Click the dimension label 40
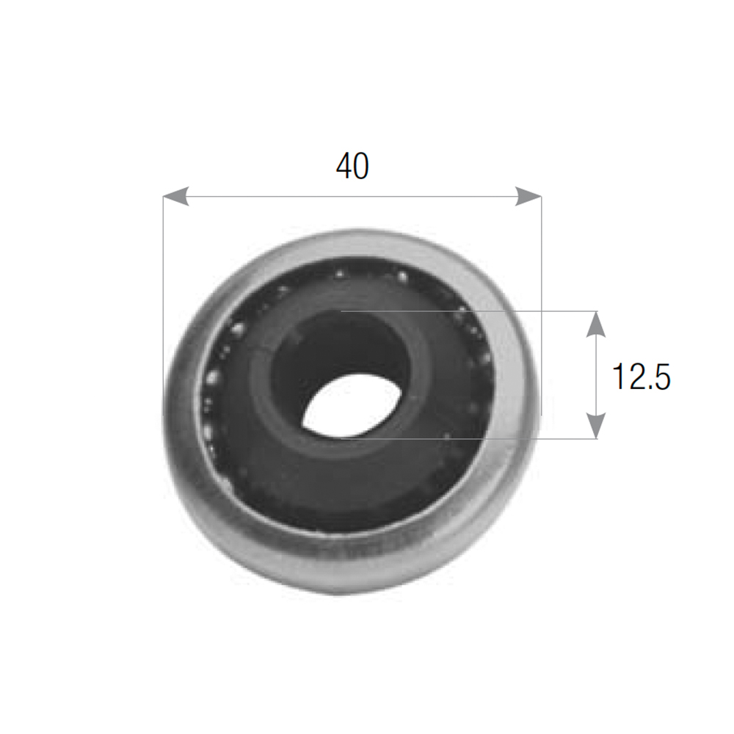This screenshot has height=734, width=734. (352, 166)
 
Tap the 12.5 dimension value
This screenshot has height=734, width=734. (642, 377)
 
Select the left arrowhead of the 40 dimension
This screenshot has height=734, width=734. (176, 196)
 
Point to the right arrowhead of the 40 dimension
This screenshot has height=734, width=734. (528, 196)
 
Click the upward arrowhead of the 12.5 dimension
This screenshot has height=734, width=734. (596, 324)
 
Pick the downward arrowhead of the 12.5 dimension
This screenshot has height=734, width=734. (596, 426)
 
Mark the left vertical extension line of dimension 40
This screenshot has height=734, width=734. (163, 305)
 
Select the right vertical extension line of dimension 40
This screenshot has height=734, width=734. (542, 305)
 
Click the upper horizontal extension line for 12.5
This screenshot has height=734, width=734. (470, 310)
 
